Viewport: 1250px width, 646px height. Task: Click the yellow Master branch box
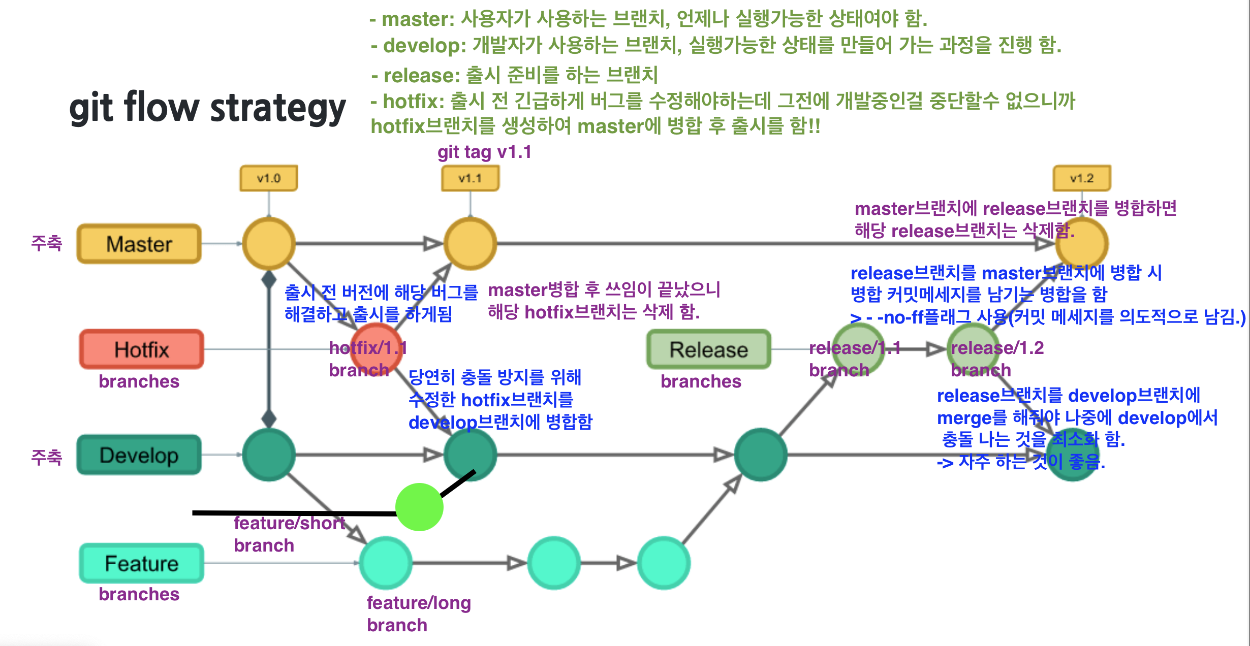click(x=139, y=244)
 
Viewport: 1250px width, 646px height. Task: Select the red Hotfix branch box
click(x=141, y=349)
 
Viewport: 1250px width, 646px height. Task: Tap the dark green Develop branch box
click(x=139, y=455)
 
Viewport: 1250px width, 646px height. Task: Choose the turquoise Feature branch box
click(x=141, y=563)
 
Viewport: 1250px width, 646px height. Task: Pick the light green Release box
click(x=708, y=349)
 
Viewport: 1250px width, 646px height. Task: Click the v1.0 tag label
click(x=268, y=178)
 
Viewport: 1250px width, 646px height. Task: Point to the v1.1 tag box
click(x=470, y=178)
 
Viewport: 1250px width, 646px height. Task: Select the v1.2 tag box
click(x=1081, y=178)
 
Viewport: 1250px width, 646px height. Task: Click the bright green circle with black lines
click(x=419, y=507)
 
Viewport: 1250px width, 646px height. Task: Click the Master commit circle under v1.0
click(x=268, y=244)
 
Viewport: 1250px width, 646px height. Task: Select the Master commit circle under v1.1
click(x=470, y=244)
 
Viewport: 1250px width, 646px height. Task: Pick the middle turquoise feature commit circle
click(x=554, y=563)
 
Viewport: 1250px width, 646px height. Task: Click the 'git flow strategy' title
click(x=207, y=108)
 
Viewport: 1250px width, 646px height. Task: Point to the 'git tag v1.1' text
click(x=484, y=152)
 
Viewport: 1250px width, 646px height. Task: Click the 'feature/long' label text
click(x=419, y=603)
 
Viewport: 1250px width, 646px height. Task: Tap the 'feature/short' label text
click(x=289, y=523)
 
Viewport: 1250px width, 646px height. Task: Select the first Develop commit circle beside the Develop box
click(x=268, y=455)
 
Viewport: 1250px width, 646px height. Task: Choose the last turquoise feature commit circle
click(x=663, y=563)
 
